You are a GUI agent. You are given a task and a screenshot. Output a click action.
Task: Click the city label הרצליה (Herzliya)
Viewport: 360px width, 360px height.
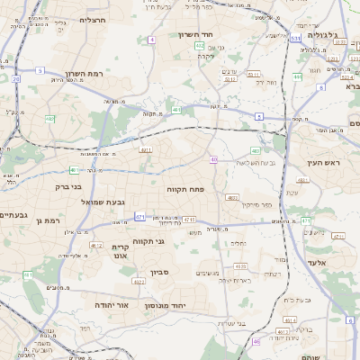tap(93, 19)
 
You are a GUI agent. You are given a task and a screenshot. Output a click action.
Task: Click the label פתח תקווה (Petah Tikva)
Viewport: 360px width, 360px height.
tap(187, 189)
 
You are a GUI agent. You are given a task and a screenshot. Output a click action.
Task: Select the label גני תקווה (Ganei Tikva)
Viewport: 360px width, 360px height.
tap(148, 241)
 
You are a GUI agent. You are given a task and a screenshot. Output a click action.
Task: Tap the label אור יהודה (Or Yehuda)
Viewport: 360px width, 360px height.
tap(112, 306)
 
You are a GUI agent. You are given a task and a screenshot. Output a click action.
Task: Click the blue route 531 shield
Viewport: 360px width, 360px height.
tap(296, 39)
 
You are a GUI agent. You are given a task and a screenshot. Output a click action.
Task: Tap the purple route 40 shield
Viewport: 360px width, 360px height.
tap(213, 159)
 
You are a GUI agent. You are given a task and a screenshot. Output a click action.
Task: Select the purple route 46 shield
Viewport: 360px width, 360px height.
tap(255, 342)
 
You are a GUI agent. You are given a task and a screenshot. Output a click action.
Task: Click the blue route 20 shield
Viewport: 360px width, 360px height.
tap(16, 79)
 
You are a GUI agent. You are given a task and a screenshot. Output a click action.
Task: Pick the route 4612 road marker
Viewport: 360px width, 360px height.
tap(96, 245)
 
